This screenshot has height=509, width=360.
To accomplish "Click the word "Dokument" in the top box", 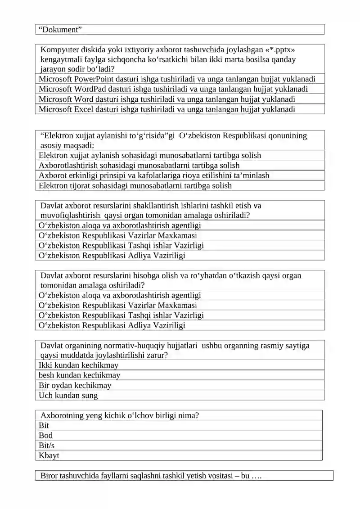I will point(60,30).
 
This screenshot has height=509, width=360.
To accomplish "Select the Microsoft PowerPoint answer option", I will point(177,79).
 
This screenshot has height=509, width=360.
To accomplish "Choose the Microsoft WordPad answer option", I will point(173,89).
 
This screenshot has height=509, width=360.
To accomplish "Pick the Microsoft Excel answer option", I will point(167,109).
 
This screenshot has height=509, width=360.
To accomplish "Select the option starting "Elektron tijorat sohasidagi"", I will point(135,185).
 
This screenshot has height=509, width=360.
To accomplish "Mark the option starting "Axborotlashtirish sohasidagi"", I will point(139,166).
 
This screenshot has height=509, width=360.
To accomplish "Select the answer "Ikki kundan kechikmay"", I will point(78,365).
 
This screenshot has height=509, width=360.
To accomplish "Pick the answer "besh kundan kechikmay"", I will point(79,375).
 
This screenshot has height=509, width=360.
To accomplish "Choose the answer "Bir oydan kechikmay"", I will point(75,385).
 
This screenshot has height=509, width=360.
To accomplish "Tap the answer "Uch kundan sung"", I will point(68,396).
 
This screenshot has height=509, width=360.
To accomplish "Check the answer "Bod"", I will point(45,435).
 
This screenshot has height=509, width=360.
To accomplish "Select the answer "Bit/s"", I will point(46,446).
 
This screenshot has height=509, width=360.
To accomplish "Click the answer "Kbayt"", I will point(49,455).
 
